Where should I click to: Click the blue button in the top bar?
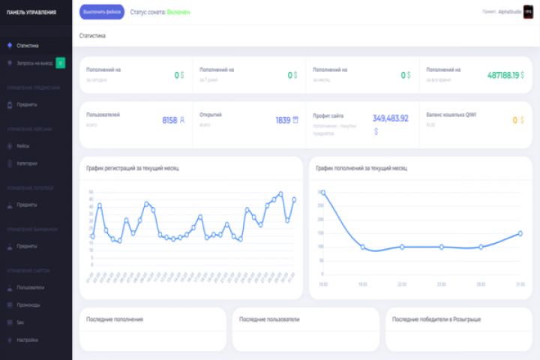click(x=101, y=12)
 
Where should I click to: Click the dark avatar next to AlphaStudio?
click(x=527, y=12)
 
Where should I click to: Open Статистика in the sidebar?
click(x=28, y=46)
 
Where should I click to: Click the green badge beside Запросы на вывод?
click(x=60, y=63)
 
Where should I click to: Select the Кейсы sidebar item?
click(x=23, y=145)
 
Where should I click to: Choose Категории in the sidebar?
click(x=27, y=163)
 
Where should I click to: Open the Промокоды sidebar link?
click(x=28, y=304)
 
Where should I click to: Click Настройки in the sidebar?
click(x=28, y=340)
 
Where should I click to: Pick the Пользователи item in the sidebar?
click(x=31, y=287)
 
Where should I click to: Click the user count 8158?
click(x=169, y=120)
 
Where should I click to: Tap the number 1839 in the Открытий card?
click(x=282, y=120)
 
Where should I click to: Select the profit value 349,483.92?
click(x=390, y=118)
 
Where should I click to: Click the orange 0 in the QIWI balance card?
click(x=514, y=120)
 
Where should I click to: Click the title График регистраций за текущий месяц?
click(x=133, y=168)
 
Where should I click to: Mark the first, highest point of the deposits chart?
click(x=323, y=193)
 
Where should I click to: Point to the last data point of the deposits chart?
click(x=520, y=233)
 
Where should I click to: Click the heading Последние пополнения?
click(x=115, y=319)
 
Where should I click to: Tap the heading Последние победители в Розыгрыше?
click(x=436, y=319)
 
